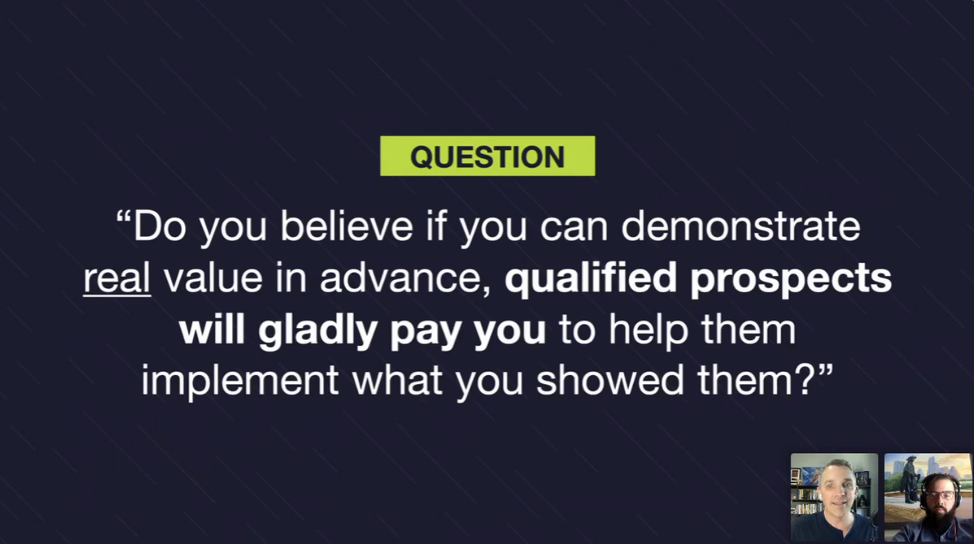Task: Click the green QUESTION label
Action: [x=488, y=156]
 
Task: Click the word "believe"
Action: [x=346, y=226]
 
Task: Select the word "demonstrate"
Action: [x=740, y=226]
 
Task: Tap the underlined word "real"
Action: [x=117, y=278]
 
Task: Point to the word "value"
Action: [x=213, y=278]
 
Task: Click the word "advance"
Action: [x=405, y=278]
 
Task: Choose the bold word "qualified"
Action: [x=591, y=278]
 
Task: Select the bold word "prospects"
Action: [x=791, y=278]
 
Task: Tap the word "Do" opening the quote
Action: [x=160, y=226]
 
